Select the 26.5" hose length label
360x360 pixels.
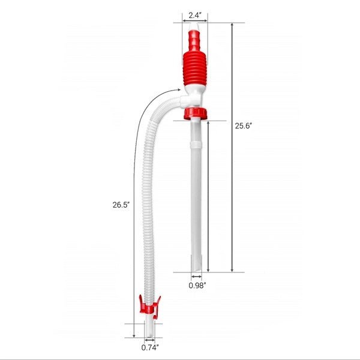(x=121, y=204)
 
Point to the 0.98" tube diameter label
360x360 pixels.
(x=196, y=285)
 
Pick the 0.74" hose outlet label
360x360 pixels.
(x=150, y=347)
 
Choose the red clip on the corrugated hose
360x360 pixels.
(x=148, y=306)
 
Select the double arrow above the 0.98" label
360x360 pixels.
(x=196, y=277)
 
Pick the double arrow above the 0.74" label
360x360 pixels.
(x=149, y=338)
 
